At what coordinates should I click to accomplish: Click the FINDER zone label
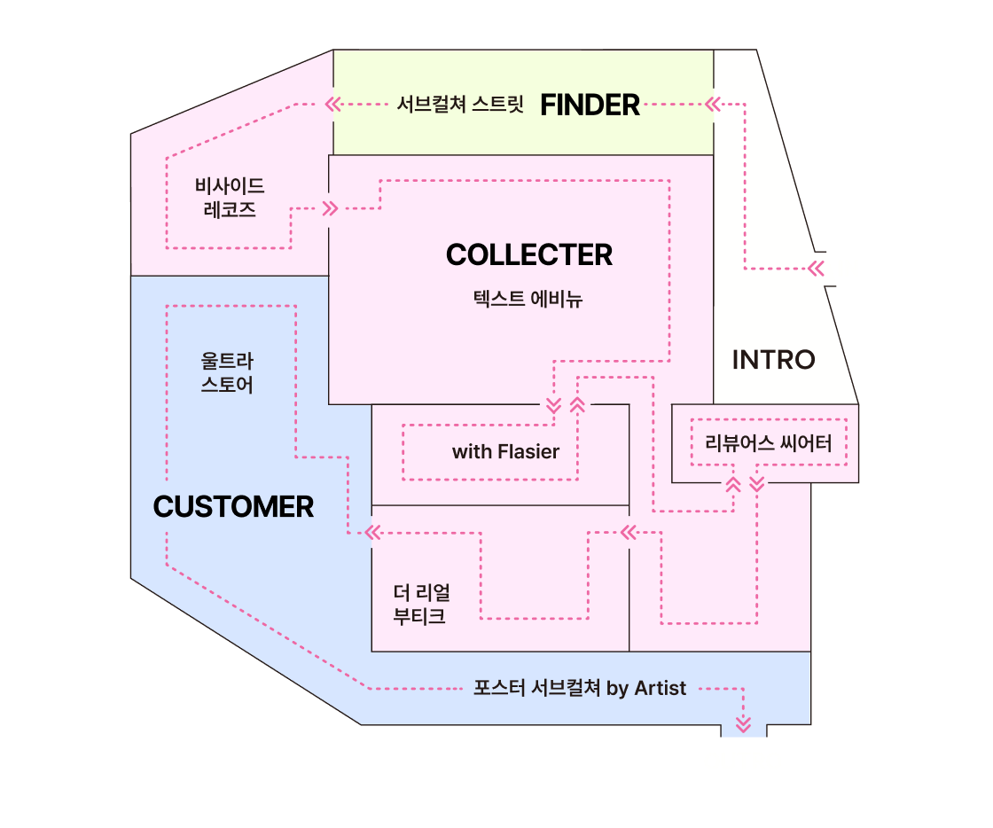(590, 105)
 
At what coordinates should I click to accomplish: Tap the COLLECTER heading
(529, 255)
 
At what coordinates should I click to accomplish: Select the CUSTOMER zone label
(233, 507)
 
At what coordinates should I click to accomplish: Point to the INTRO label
(773, 360)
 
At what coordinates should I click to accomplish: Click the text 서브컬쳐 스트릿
(460, 105)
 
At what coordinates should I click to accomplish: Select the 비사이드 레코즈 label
(230, 198)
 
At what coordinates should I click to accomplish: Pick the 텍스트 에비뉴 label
(528, 300)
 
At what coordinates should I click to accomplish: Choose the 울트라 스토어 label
(228, 373)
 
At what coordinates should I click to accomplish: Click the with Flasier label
(505, 452)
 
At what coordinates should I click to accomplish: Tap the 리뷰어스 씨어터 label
(768, 443)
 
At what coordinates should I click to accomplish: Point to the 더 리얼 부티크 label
(421, 604)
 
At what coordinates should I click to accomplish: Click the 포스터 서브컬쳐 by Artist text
(580, 689)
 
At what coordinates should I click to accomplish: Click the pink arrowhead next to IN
(817, 269)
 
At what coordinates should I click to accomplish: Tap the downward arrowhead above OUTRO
(744, 722)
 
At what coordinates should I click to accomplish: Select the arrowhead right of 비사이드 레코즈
(331, 209)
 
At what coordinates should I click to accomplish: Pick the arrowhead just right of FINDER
(711, 105)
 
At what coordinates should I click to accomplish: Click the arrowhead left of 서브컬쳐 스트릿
(332, 105)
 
